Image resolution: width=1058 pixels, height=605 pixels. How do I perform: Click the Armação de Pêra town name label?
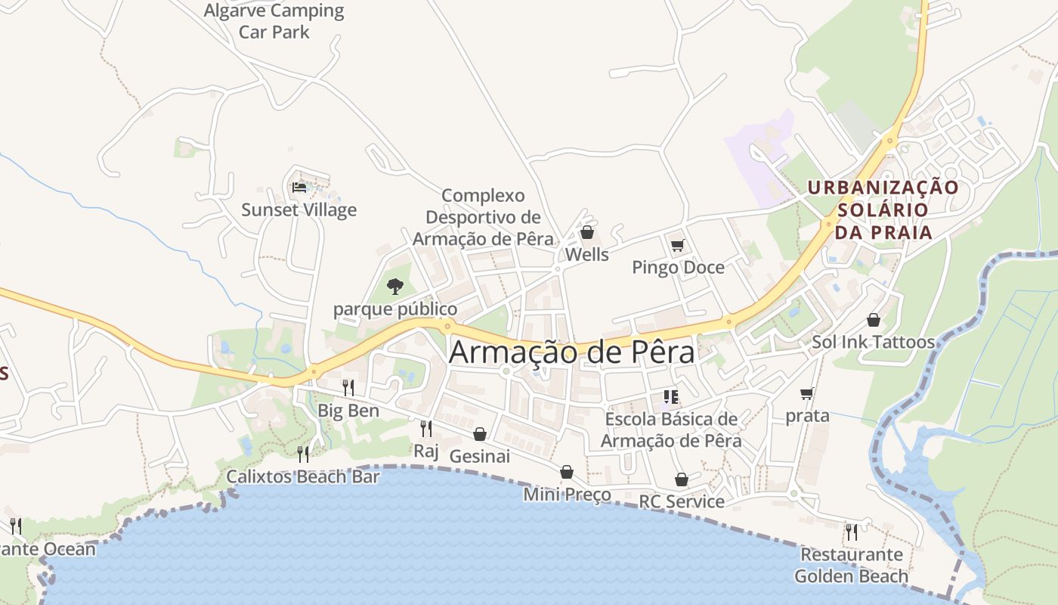[572, 352]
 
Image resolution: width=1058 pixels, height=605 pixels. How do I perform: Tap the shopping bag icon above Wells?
[586, 232]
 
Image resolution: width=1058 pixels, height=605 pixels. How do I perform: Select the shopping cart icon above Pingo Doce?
[677, 245]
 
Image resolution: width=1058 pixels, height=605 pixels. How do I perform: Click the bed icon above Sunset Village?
[299, 188]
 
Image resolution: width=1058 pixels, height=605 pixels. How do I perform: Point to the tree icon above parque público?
[394, 287]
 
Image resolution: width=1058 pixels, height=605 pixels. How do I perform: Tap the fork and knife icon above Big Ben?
[348, 388]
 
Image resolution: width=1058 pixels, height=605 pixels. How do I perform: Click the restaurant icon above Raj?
[426, 429]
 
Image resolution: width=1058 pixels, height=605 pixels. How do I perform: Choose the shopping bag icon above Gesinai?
[479, 434]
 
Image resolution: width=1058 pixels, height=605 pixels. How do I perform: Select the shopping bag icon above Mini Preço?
[567, 473]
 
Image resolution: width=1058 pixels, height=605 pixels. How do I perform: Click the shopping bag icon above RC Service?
[682, 479]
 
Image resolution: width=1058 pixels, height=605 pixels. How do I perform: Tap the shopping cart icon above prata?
[807, 393]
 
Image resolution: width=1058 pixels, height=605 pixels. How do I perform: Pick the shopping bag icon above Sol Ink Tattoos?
[874, 320]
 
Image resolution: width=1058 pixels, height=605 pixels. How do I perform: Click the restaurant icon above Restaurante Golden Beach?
[851, 532]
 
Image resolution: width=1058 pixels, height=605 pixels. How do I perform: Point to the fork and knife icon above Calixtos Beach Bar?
[303, 454]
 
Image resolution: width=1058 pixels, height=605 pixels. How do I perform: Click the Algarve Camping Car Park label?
[274, 21]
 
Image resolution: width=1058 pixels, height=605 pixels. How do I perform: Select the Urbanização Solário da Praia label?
[883, 209]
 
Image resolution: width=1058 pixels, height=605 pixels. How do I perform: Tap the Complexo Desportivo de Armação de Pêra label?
[484, 217]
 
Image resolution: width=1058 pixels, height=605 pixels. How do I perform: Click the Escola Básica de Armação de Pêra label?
[671, 430]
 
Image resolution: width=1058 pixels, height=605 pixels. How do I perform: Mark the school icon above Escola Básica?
[670, 396]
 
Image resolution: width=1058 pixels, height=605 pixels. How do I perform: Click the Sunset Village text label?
[299, 209]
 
